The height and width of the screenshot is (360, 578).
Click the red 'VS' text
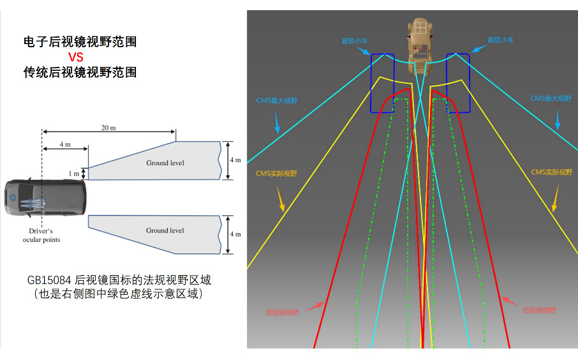coord(76,57)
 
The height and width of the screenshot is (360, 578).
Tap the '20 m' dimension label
coord(108,128)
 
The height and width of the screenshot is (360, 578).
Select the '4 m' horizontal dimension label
coord(64,144)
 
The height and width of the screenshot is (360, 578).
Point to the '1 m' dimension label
coord(75,173)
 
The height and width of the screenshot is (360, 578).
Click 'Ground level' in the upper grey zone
coord(165,163)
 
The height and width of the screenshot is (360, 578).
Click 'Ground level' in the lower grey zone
coord(165,230)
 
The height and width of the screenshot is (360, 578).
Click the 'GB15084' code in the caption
coord(49,280)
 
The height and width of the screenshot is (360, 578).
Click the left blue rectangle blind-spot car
coord(383,83)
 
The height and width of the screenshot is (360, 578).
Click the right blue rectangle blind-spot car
coord(458,83)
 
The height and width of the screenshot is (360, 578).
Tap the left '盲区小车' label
coord(354,40)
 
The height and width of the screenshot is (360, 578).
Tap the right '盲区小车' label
coord(501,40)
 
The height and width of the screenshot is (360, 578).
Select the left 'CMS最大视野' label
coord(277,100)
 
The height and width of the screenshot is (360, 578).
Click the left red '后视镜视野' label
coord(282,313)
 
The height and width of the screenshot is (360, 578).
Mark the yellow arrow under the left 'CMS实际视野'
coord(280,199)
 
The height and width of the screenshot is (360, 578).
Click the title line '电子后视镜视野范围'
coord(80,42)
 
